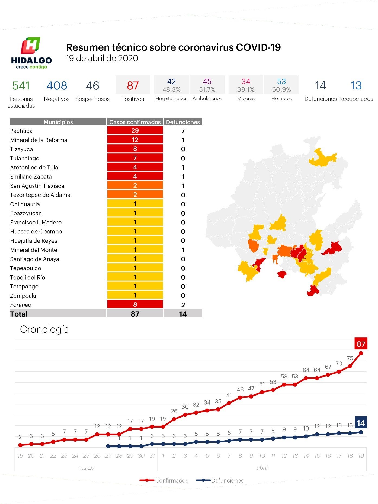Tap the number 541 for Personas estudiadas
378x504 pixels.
21,86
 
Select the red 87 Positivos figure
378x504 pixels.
133,86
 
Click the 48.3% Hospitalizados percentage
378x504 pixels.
171,89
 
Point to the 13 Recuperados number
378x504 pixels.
356,86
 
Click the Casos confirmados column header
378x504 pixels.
135,122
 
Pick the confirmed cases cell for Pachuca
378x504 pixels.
135,131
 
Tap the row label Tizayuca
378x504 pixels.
21,149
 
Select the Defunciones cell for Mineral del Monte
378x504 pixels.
183,250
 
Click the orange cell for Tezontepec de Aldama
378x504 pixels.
135,195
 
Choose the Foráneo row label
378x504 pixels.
21,305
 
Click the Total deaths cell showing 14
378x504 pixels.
183,314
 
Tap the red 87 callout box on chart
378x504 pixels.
361,344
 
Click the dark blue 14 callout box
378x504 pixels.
361,423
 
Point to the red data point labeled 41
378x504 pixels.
229,403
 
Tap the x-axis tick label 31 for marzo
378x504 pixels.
152,456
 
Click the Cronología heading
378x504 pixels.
44,329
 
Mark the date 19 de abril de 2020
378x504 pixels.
102,58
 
